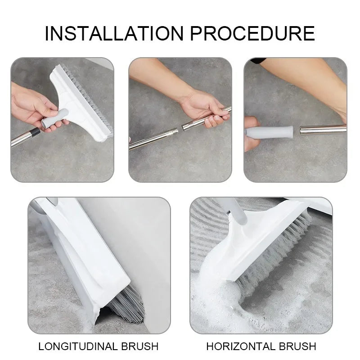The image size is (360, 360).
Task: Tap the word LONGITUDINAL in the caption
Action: tap(79, 346)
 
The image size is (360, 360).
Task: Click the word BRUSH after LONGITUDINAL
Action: tap(139, 346)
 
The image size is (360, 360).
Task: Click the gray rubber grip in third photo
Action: tap(269, 132)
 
